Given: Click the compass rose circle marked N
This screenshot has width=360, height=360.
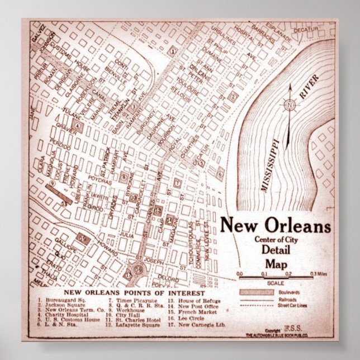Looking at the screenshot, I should (x=289, y=104).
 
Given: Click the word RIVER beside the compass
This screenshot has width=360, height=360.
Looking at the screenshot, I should (x=309, y=86).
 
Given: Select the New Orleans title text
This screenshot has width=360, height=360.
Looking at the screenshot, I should (x=275, y=225).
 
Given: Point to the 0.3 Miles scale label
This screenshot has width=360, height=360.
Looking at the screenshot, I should (x=320, y=274).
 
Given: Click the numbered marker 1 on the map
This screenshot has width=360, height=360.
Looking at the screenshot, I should (x=174, y=51).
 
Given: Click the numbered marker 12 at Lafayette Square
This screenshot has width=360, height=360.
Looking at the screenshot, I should (x=158, y=210).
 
